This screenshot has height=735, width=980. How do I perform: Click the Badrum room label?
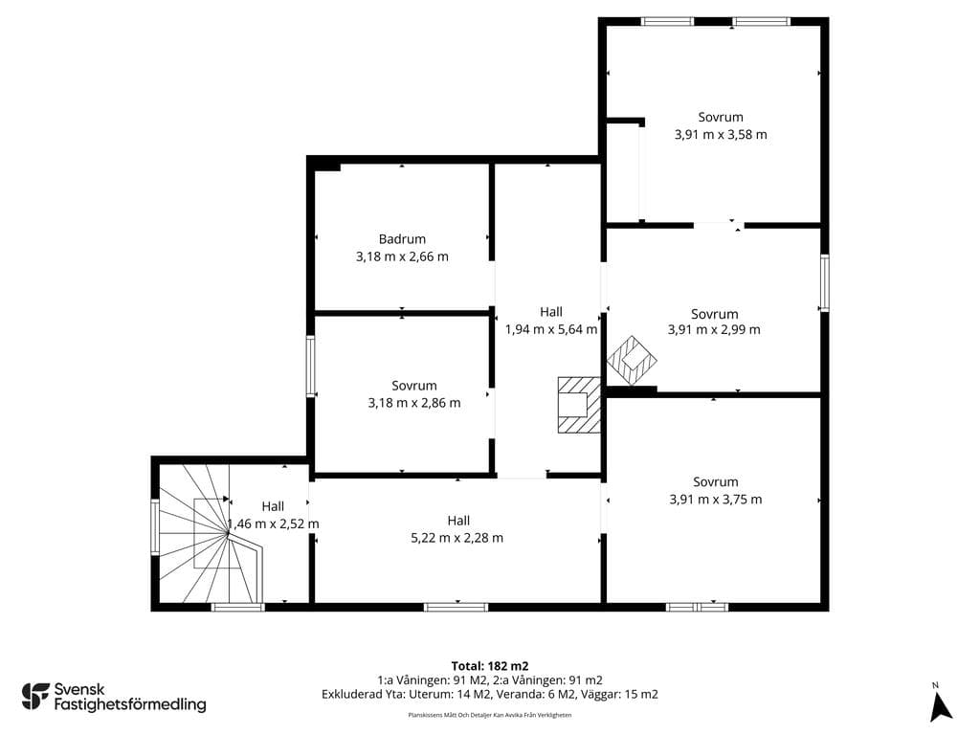(x=402, y=238)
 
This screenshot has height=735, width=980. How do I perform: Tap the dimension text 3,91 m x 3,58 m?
(x=721, y=134)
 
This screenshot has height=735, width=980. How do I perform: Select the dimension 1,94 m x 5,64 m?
(x=551, y=329)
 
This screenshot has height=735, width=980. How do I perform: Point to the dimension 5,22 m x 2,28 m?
(x=457, y=538)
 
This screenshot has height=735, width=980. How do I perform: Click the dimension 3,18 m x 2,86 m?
(x=414, y=403)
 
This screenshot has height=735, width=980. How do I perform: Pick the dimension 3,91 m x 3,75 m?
(x=716, y=500)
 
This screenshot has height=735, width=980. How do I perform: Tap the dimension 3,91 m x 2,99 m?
(x=714, y=330)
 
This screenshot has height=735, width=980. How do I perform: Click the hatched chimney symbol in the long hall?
(x=579, y=405)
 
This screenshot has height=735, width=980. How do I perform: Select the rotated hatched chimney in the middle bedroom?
(x=632, y=360)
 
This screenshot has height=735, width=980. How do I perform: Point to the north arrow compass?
(x=941, y=704)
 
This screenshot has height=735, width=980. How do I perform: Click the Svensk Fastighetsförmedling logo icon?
(x=35, y=697)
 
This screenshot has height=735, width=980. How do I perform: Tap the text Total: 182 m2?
(x=490, y=666)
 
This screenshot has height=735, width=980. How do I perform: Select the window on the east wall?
(x=824, y=282)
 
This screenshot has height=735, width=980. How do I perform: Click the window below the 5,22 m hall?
(x=457, y=607)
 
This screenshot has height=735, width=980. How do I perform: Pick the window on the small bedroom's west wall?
(x=310, y=366)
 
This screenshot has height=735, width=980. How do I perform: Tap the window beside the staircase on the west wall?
(x=155, y=526)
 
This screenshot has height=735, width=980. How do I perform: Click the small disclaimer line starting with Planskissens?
(x=490, y=715)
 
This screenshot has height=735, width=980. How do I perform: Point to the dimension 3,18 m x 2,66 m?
(x=402, y=256)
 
